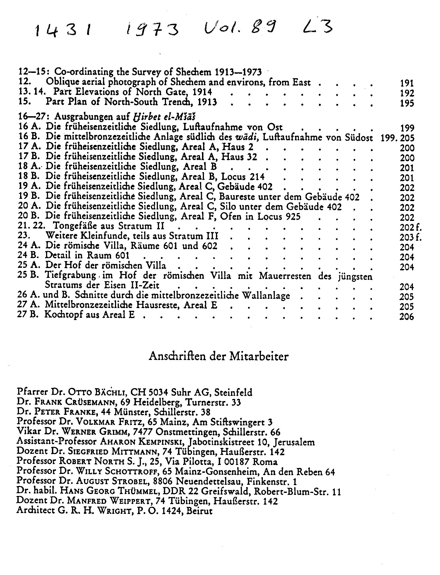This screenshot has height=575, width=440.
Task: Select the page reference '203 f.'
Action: [x=410, y=237]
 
